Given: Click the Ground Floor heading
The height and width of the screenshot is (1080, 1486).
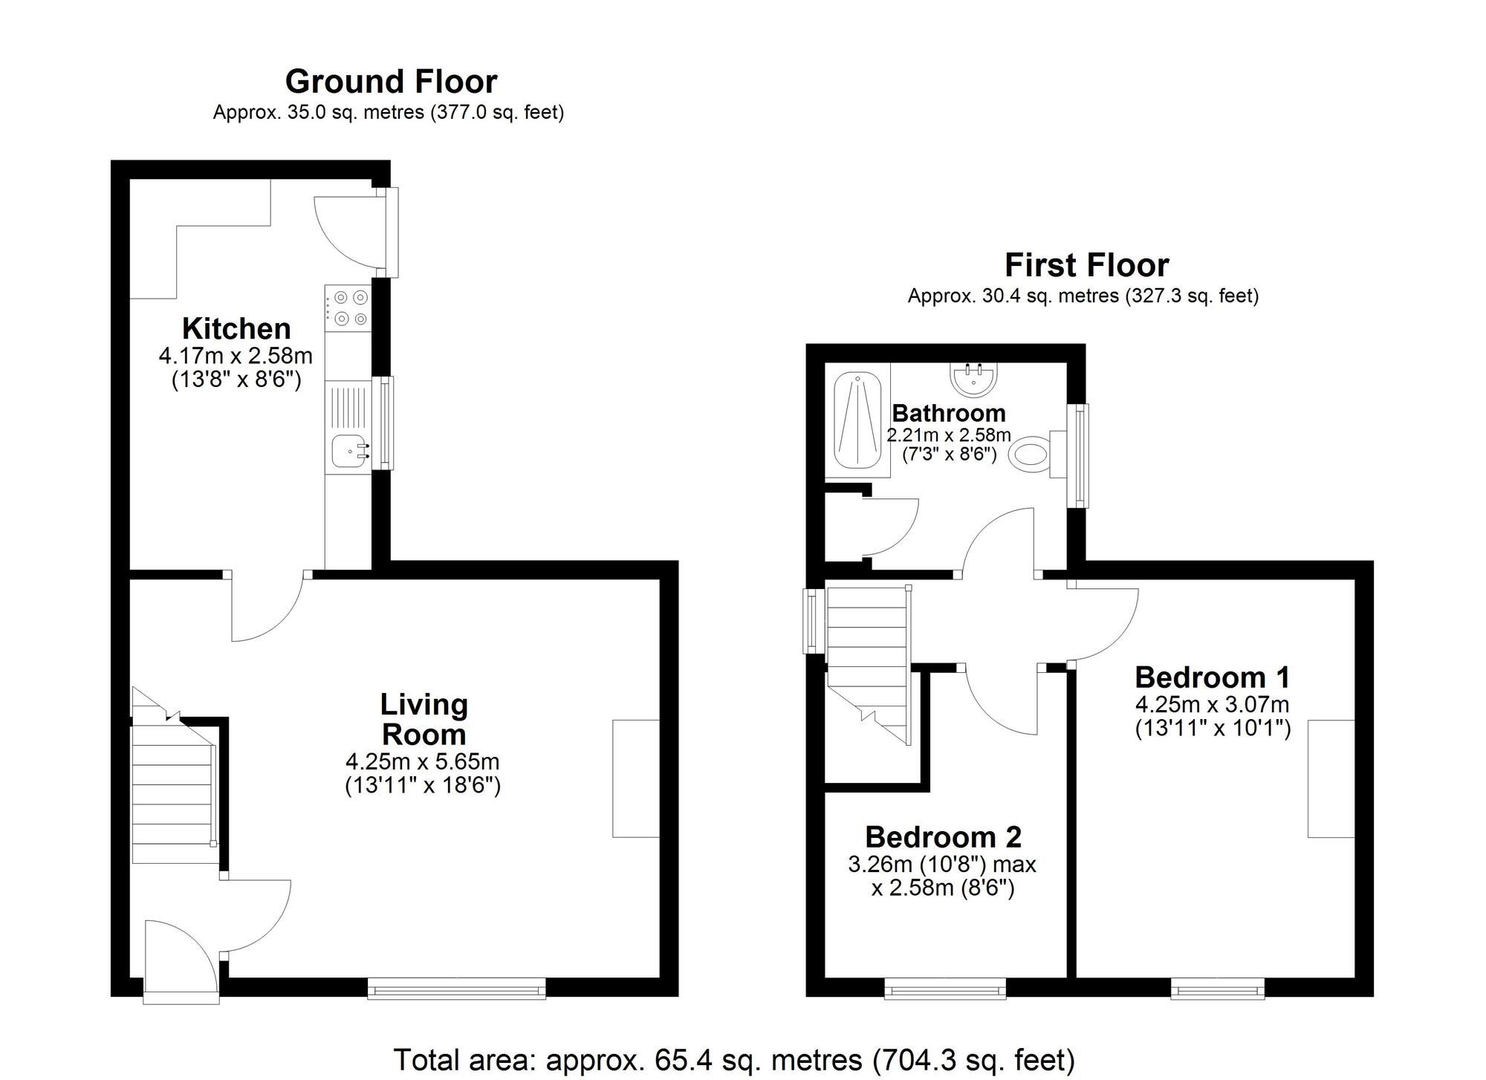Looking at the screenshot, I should pos(391,81).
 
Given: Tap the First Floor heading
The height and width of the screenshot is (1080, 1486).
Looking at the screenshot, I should pos(1086,264).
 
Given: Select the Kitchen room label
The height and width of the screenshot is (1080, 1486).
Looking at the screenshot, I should pos(236,328).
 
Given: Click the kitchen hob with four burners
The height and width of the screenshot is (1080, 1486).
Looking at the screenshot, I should pos(348,308).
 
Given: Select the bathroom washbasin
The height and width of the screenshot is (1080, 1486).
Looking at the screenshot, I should pos(973,379).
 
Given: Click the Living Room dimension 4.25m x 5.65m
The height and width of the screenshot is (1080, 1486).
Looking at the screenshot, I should pos(422,761).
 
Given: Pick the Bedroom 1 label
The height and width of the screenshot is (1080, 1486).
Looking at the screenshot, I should pos(1212,677).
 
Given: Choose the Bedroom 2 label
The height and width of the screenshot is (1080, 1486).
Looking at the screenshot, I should pos(943,837).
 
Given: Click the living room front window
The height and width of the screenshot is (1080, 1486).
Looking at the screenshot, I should pos(456,989).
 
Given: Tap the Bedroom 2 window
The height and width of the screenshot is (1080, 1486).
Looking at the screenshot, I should pos(945,989).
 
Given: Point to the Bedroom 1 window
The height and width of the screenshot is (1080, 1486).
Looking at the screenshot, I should pos(1217,989).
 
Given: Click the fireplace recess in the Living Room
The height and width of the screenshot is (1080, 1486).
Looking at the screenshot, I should pos(636,778).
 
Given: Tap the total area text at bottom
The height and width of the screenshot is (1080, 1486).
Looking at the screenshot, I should pos(733,1060).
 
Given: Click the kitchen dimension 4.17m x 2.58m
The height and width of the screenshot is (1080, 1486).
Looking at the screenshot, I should pos(236,356).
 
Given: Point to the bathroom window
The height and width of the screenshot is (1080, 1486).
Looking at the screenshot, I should pos(1078,455).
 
